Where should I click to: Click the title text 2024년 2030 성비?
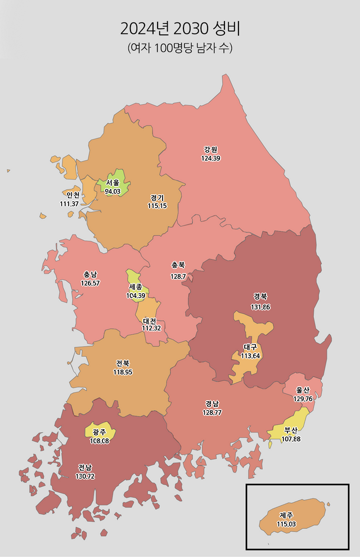(180, 28)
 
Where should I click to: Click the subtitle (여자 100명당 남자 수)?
(180, 48)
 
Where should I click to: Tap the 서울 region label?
(112, 183)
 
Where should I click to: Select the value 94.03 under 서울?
(112, 191)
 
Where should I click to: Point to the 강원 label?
(210, 150)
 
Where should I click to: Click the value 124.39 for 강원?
(210, 158)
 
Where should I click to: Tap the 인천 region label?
(72, 195)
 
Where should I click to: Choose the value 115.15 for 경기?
(157, 206)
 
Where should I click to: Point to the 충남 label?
(90, 275)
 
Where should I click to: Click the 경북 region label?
(260, 297)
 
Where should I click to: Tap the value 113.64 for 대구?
(250, 356)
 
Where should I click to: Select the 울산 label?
(303, 390)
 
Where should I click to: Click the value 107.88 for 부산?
(290, 439)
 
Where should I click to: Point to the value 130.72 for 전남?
(85, 476)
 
